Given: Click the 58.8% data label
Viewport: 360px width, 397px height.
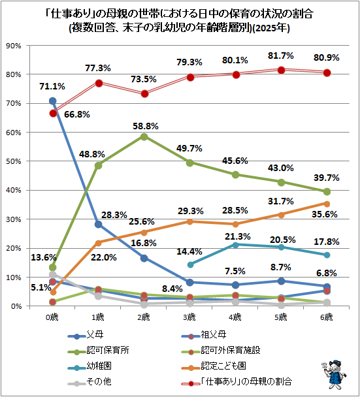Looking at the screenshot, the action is [146, 126].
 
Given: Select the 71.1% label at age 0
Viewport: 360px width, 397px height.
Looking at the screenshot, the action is [52, 86].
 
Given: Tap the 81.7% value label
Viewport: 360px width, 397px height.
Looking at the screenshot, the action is [281, 56].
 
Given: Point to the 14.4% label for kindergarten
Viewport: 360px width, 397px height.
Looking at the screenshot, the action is [189, 251].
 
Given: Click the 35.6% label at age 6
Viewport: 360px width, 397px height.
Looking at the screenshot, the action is [325, 214].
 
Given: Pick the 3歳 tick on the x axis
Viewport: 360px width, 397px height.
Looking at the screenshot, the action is [189, 317].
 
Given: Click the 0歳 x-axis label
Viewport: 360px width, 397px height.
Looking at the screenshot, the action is [52, 317].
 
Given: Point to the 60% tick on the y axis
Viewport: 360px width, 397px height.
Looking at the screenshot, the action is [14, 133].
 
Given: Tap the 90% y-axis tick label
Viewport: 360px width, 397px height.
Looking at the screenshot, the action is [14, 46].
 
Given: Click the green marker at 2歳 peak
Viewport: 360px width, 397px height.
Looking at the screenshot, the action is [144, 137].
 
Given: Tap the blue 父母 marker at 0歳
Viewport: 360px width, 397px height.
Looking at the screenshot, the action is [52, 101].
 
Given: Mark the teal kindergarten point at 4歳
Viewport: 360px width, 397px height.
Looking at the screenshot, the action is [235, 245].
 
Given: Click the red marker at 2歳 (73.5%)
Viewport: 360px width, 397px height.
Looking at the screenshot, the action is [144, 94].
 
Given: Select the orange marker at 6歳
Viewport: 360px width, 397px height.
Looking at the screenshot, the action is [327, 204].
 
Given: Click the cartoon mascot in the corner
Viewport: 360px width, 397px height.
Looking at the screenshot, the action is [334, 374].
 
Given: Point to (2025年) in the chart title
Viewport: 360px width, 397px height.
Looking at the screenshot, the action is [271, 28].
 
